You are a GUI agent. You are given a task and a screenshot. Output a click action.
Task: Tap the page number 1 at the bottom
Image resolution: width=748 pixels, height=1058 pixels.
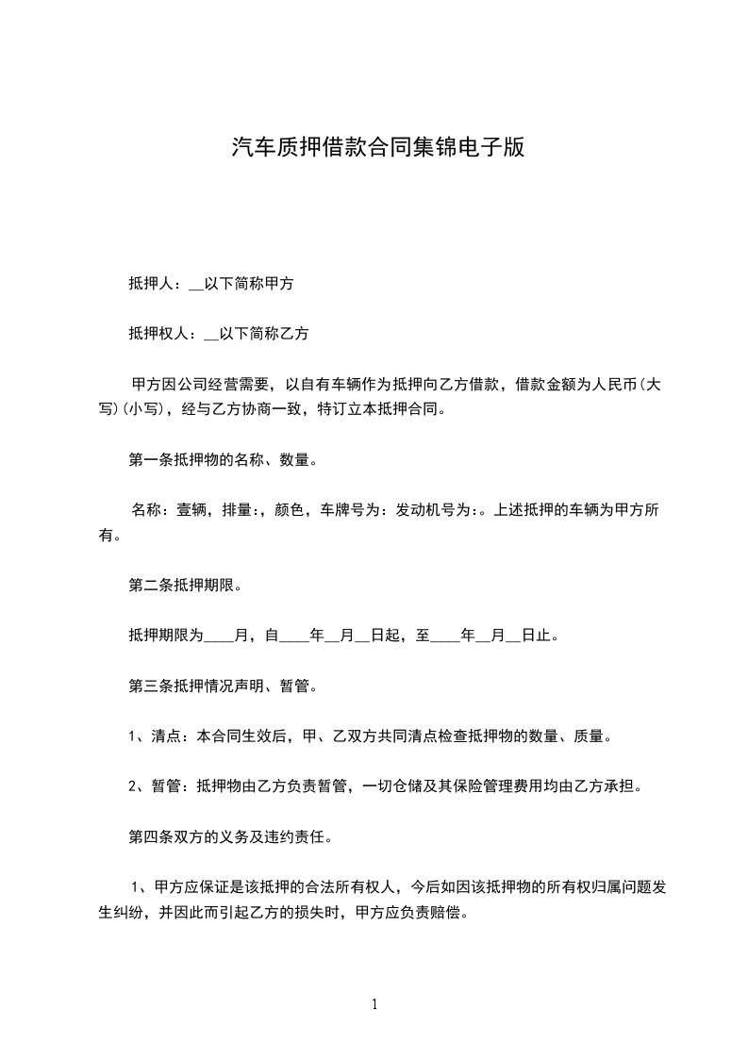click(374, 1004)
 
